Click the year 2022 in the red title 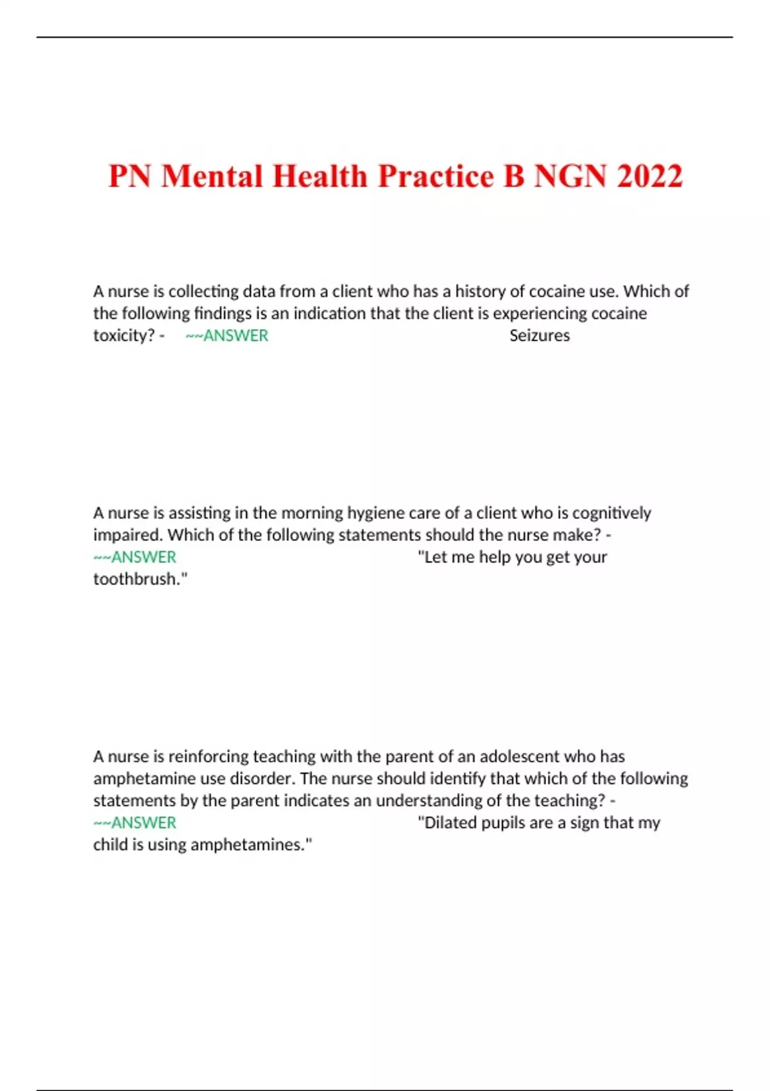[x=649, y=176]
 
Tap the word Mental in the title [x=212, y=176]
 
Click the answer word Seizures [x=539, y=336]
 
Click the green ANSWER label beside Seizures [x=227, y=336]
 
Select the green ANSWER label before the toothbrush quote [x=135, y=557]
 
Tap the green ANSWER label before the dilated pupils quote [x=135, y=823]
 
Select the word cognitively [x=612, y=513]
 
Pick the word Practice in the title [x=436, y=176]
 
